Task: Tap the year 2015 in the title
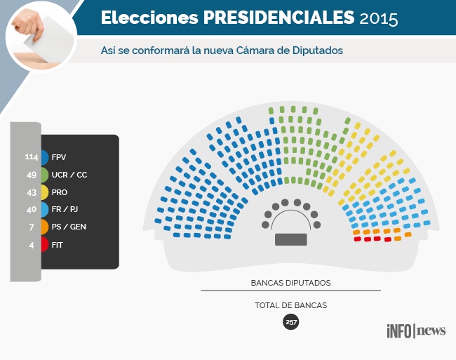coord(379,19)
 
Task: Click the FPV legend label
coord(59,157)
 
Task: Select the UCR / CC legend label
coord(69,175)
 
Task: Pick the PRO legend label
coord(60,192)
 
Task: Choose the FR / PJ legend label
coord(66,210)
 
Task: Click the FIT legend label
coord(58,245)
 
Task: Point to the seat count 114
coord(31,157)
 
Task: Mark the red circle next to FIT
coord(43,245)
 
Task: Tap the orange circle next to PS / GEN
coord(43,227)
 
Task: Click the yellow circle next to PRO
coord(43,192)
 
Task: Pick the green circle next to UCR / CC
coord(43,175)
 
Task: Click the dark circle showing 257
coord(290,322)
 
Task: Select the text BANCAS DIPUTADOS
coord(290,284)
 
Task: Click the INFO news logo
coord(415,331)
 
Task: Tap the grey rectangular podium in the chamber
coord(290,239)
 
